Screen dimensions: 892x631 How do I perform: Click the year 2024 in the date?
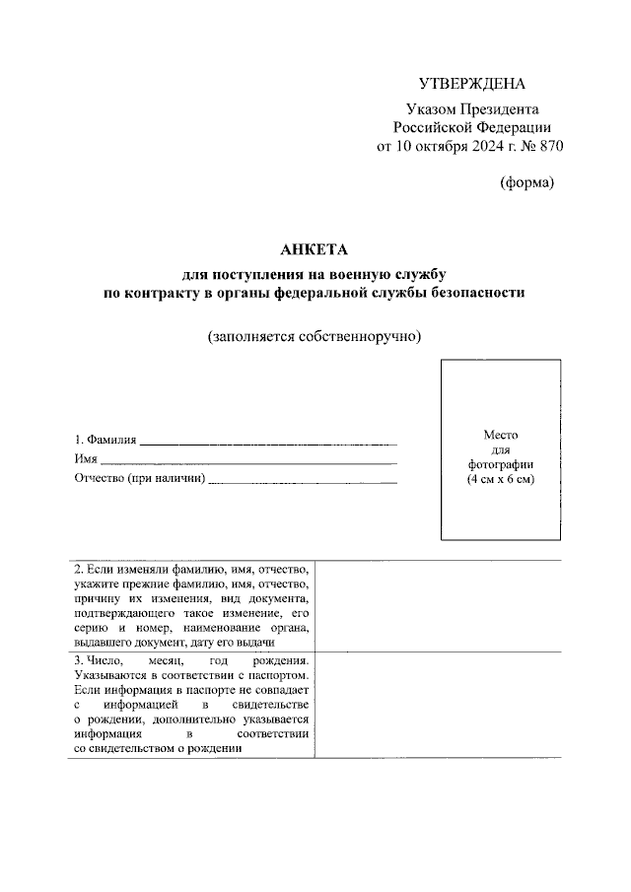[x=478, y=146]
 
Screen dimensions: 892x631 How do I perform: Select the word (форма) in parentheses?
[x=527, y=181]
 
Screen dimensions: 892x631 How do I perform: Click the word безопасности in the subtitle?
[x=483, y=293]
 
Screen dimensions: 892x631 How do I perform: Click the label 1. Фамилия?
[x=105, y=441]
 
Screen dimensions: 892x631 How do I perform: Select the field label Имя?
[x=86, y=459]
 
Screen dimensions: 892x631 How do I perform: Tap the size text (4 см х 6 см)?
[x=500, y=478]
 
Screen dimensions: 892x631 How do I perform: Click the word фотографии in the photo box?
[x=500, y=463]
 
